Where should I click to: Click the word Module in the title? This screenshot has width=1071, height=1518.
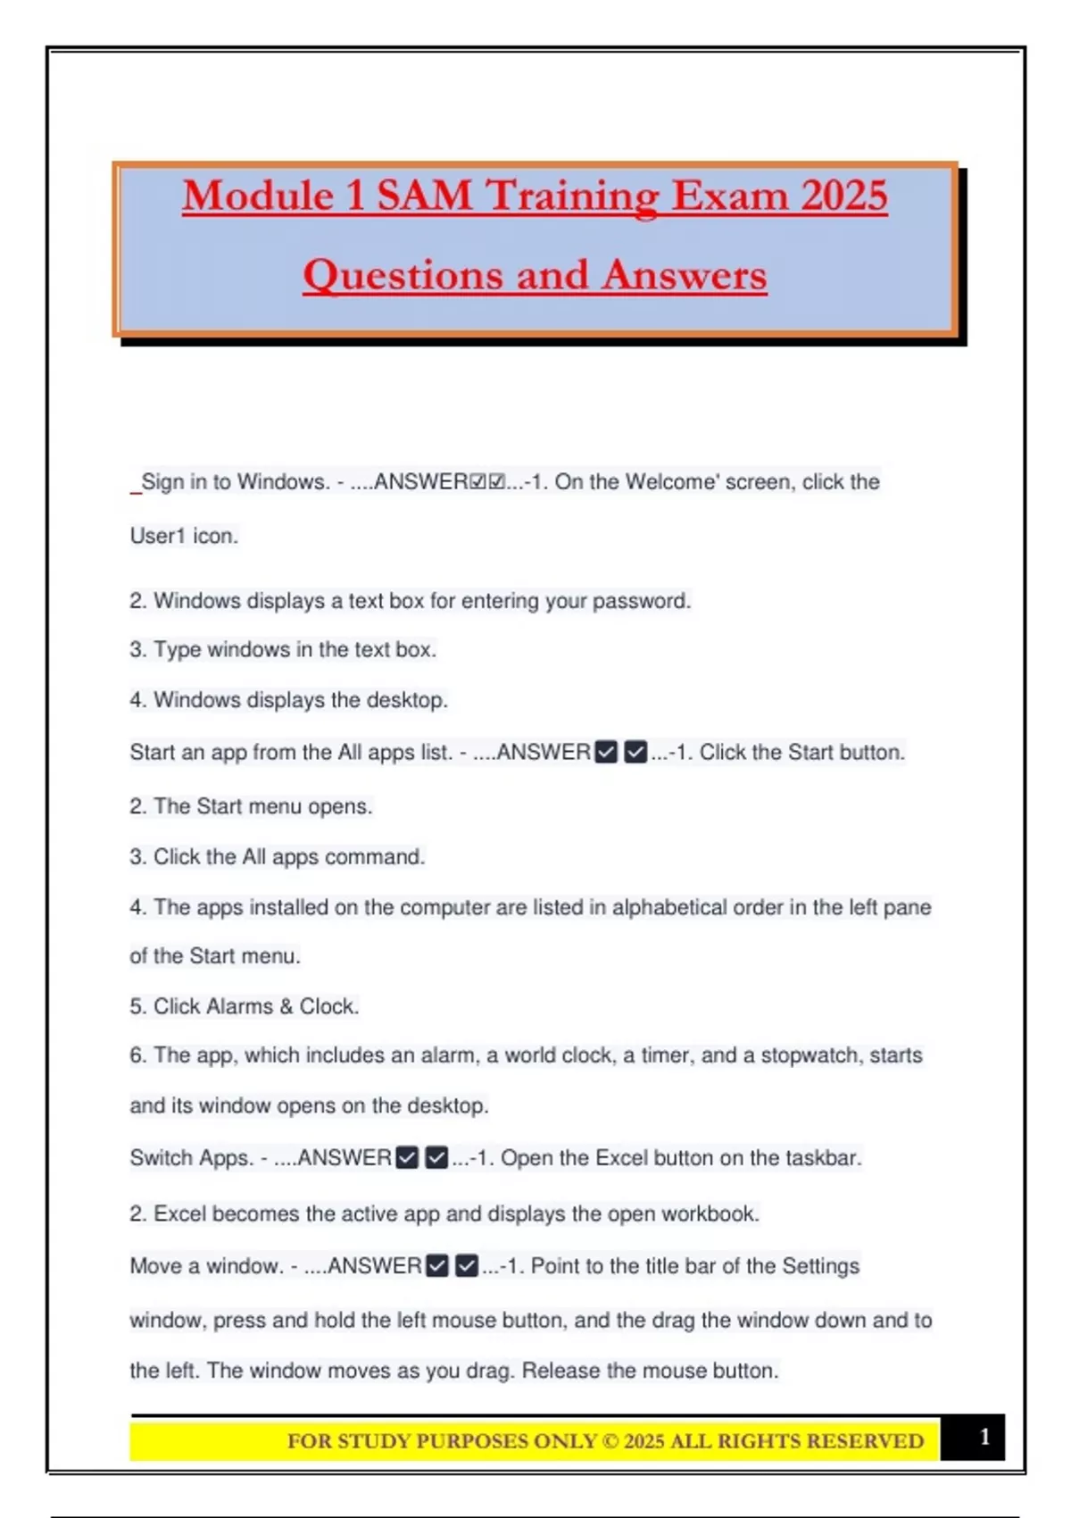pyautogui.click(x=257, y=196)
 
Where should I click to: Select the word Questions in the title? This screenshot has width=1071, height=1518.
pyautogui.click(x=402, y=275)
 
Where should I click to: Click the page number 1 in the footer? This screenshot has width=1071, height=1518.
pyautogui.click(x=984, y=1437)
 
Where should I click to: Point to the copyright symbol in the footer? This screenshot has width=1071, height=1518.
pyautogui.click(x=610, y=1441)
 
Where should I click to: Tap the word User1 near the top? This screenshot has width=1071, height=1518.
pyautogui.click(x=157, y=536)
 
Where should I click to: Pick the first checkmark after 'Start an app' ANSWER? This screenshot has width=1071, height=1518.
pyautogui.click(x=606, y=753)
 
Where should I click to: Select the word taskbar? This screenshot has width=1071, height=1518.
pyautogui.click(x=823, y=1158)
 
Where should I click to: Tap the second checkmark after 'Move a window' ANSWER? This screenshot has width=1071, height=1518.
pyautogui.click(x=467, y=1266)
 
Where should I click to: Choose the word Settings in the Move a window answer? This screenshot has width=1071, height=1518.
pyautogui.click(x=820, y=1266)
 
